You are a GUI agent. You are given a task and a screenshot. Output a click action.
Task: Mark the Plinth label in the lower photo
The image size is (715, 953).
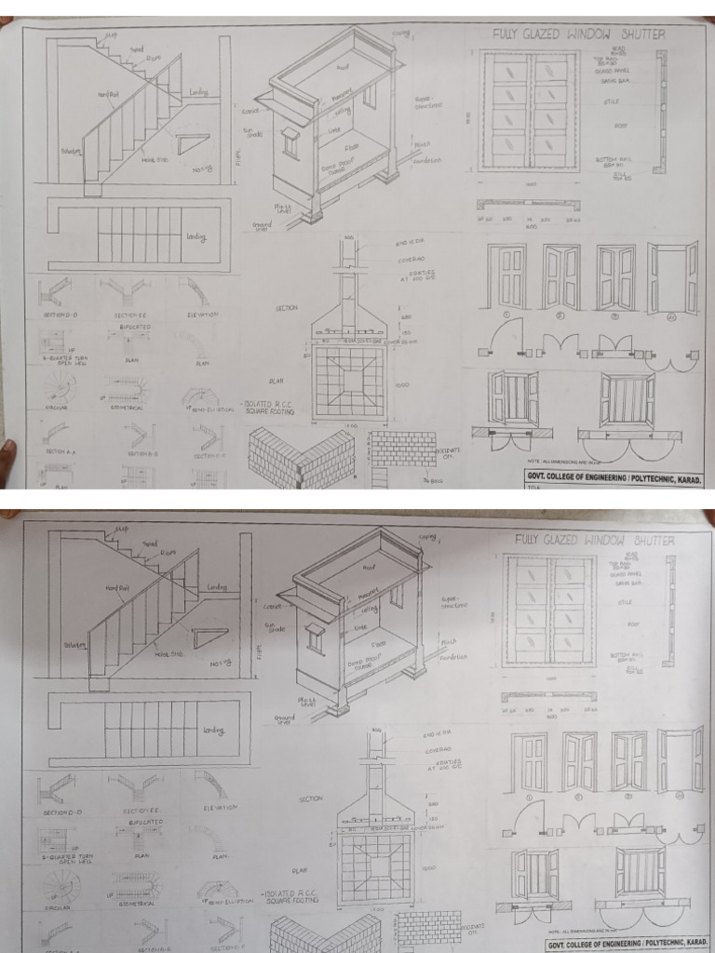449,640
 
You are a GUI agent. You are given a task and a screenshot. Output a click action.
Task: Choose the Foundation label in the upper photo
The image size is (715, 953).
425,160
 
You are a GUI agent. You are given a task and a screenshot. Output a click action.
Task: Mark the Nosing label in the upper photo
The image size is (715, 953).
202,169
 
